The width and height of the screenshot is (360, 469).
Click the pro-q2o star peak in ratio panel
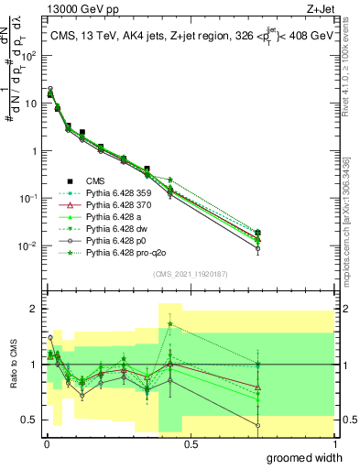170,324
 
